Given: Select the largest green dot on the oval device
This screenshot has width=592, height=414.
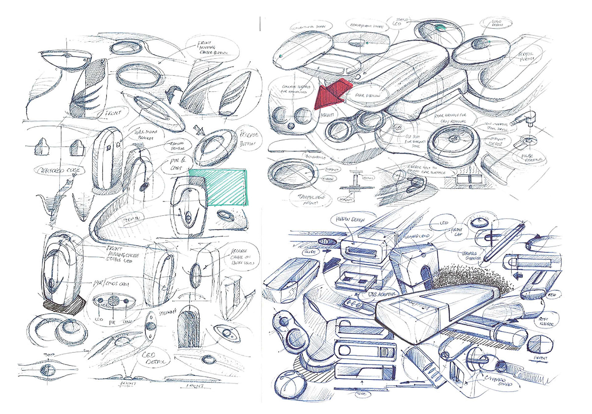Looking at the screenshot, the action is (x=441, y=28).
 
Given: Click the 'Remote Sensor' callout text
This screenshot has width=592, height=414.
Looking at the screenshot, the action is (x=177, y=146).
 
